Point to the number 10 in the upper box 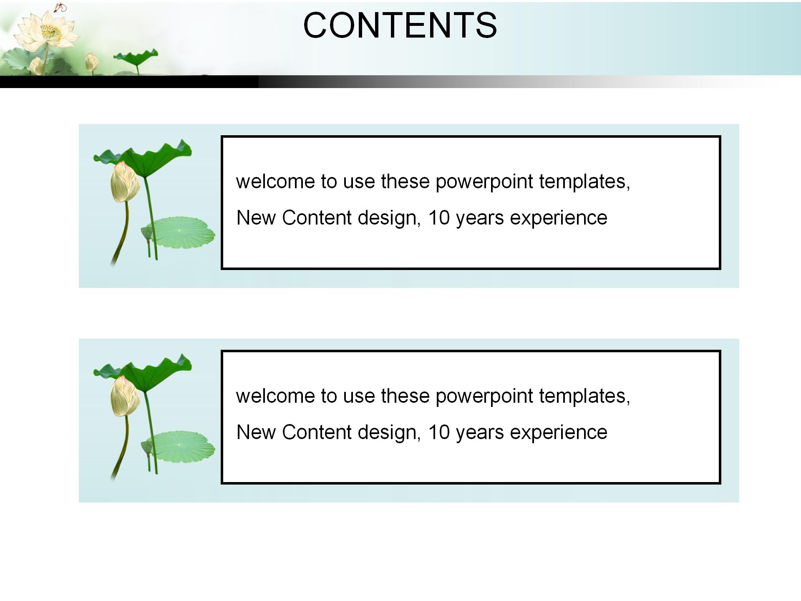click(439, 218)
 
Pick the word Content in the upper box click(317, 218)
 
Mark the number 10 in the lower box click(439, 432)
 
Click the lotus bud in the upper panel click(124, 182)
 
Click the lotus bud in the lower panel click(124, 396)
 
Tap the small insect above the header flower click(61, 7)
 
